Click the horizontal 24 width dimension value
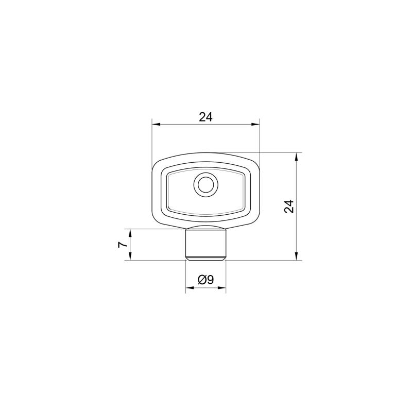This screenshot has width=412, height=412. tap(205, 117)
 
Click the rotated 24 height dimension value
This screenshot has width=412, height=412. tap(289, 207)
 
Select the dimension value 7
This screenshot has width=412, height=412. tap(123, 245)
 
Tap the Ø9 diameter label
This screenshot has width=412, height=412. tap(205, 280)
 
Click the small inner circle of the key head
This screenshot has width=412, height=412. tap(205, 185)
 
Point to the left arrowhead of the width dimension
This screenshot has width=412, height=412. tap(157, 124)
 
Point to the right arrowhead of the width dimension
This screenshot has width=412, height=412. tap(255, 124)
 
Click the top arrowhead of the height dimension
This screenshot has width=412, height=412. tap(297, 157)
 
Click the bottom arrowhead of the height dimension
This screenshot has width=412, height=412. tap(297, 256)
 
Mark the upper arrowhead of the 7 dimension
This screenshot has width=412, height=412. tap(130, 233)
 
